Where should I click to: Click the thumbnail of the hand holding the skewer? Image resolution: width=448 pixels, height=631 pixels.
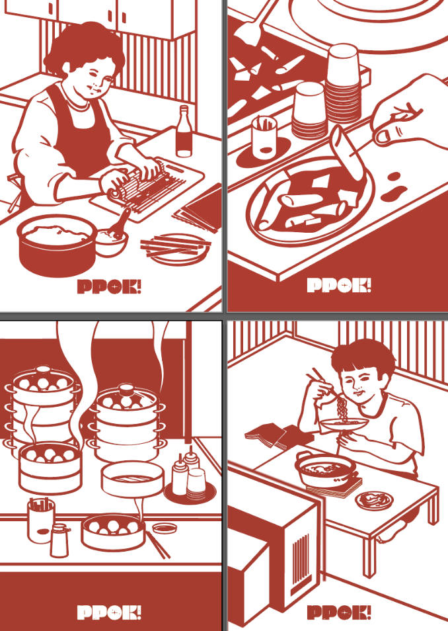(383, 136)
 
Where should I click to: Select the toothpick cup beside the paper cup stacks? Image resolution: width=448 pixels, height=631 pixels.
(264, 138)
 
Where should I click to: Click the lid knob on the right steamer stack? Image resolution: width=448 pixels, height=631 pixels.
(126, 389)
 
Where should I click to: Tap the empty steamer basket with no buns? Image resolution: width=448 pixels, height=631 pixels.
(132, 479)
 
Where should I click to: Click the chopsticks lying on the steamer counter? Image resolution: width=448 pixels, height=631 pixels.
(158, 544)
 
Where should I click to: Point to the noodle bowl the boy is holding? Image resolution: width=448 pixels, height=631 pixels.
(345, 424)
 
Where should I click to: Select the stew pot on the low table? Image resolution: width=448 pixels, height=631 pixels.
(326, 469)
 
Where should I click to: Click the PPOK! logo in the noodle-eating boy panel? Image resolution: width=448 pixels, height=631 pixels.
(339, 612)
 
